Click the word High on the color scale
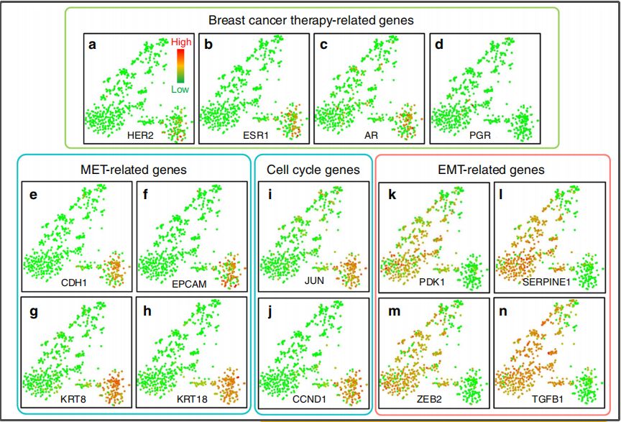point(181,42)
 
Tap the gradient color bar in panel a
point(181,66)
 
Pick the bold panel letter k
point(385,194)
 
